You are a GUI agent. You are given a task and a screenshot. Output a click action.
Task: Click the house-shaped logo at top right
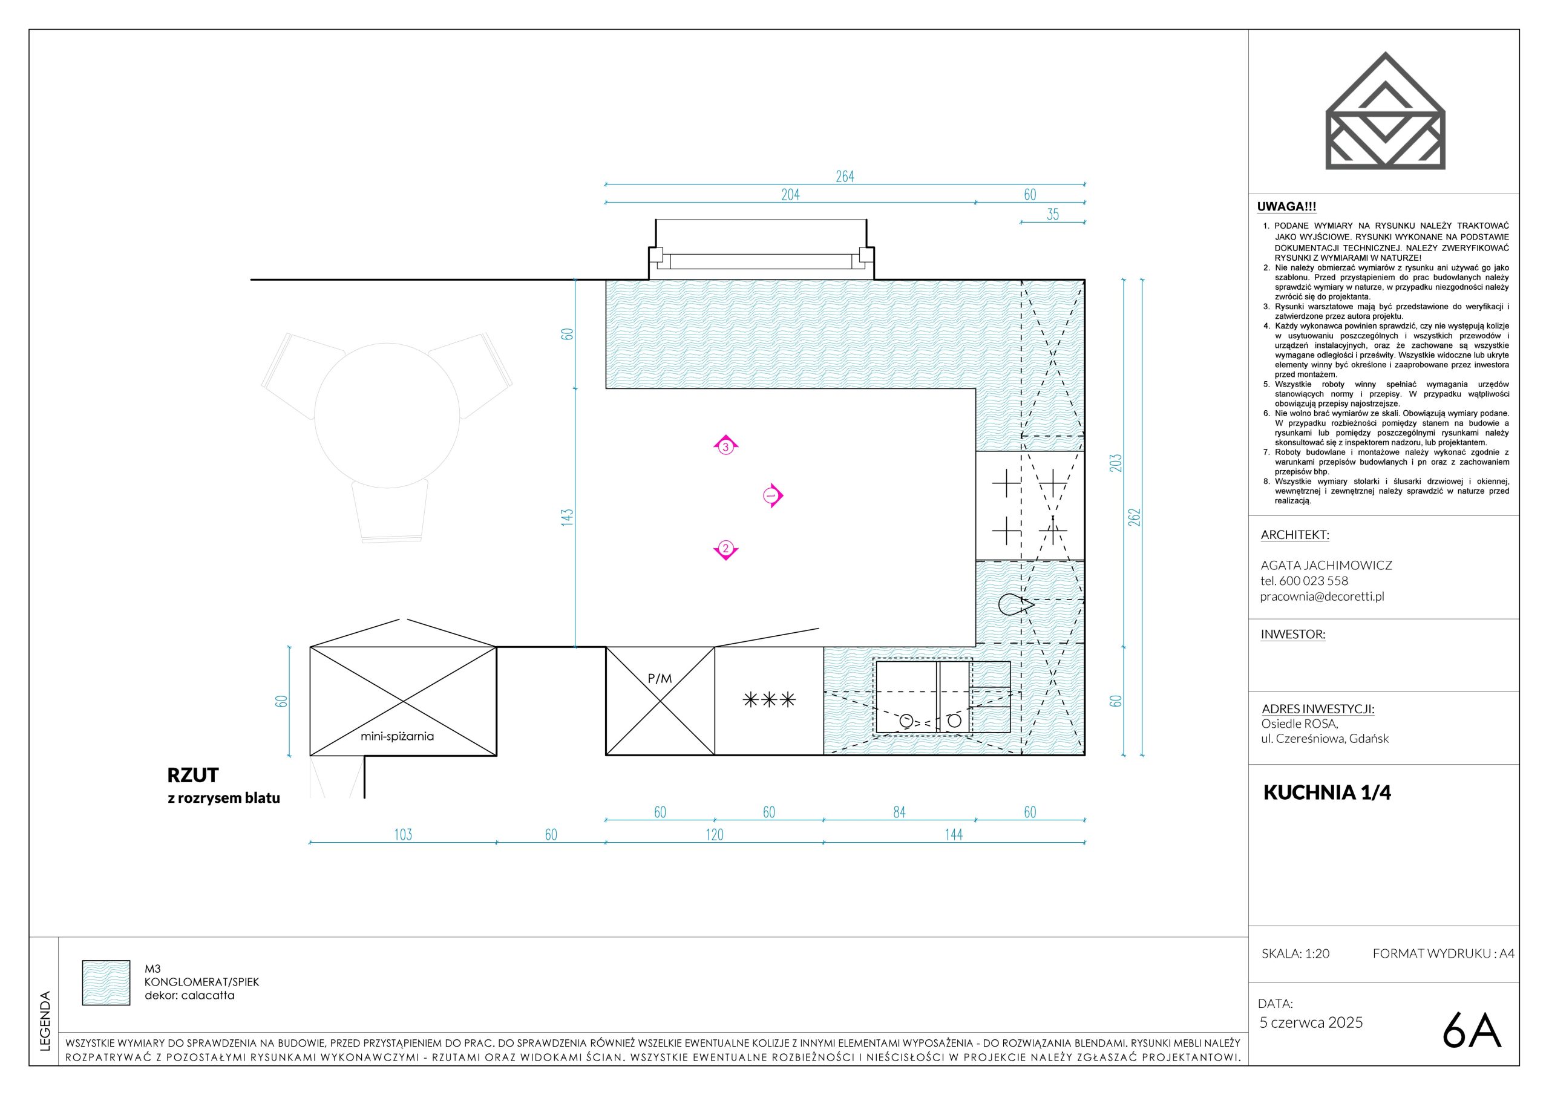point(1385,111)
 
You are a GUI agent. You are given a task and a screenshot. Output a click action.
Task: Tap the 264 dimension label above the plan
point(845,177)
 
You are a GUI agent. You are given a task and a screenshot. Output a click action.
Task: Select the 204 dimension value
point(790,195)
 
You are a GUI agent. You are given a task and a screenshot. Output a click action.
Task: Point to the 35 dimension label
point(1052,215)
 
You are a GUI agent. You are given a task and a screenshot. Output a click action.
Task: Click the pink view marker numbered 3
point(726,446)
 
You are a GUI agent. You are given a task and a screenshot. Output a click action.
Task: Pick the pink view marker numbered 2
point(726,549)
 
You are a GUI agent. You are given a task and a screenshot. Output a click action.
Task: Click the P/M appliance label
point(660,679)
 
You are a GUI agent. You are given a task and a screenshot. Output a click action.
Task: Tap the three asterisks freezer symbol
point(769,699)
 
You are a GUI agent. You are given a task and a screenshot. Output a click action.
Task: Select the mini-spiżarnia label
point(398,737)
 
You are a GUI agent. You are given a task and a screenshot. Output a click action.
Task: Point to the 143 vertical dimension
point(567,517)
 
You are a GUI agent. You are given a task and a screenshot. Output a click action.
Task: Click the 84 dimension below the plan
point(899,813)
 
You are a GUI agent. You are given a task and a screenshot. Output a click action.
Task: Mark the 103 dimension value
point(403,835)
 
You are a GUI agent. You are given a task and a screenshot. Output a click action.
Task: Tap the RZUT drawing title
point(193,774)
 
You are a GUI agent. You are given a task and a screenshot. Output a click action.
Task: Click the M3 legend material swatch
point(106,983)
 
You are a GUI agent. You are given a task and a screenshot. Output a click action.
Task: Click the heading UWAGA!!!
point(1286,207)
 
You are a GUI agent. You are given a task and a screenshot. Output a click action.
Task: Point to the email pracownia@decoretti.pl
point(1322,597)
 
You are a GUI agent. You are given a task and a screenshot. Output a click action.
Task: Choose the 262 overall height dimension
point(1134,517)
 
